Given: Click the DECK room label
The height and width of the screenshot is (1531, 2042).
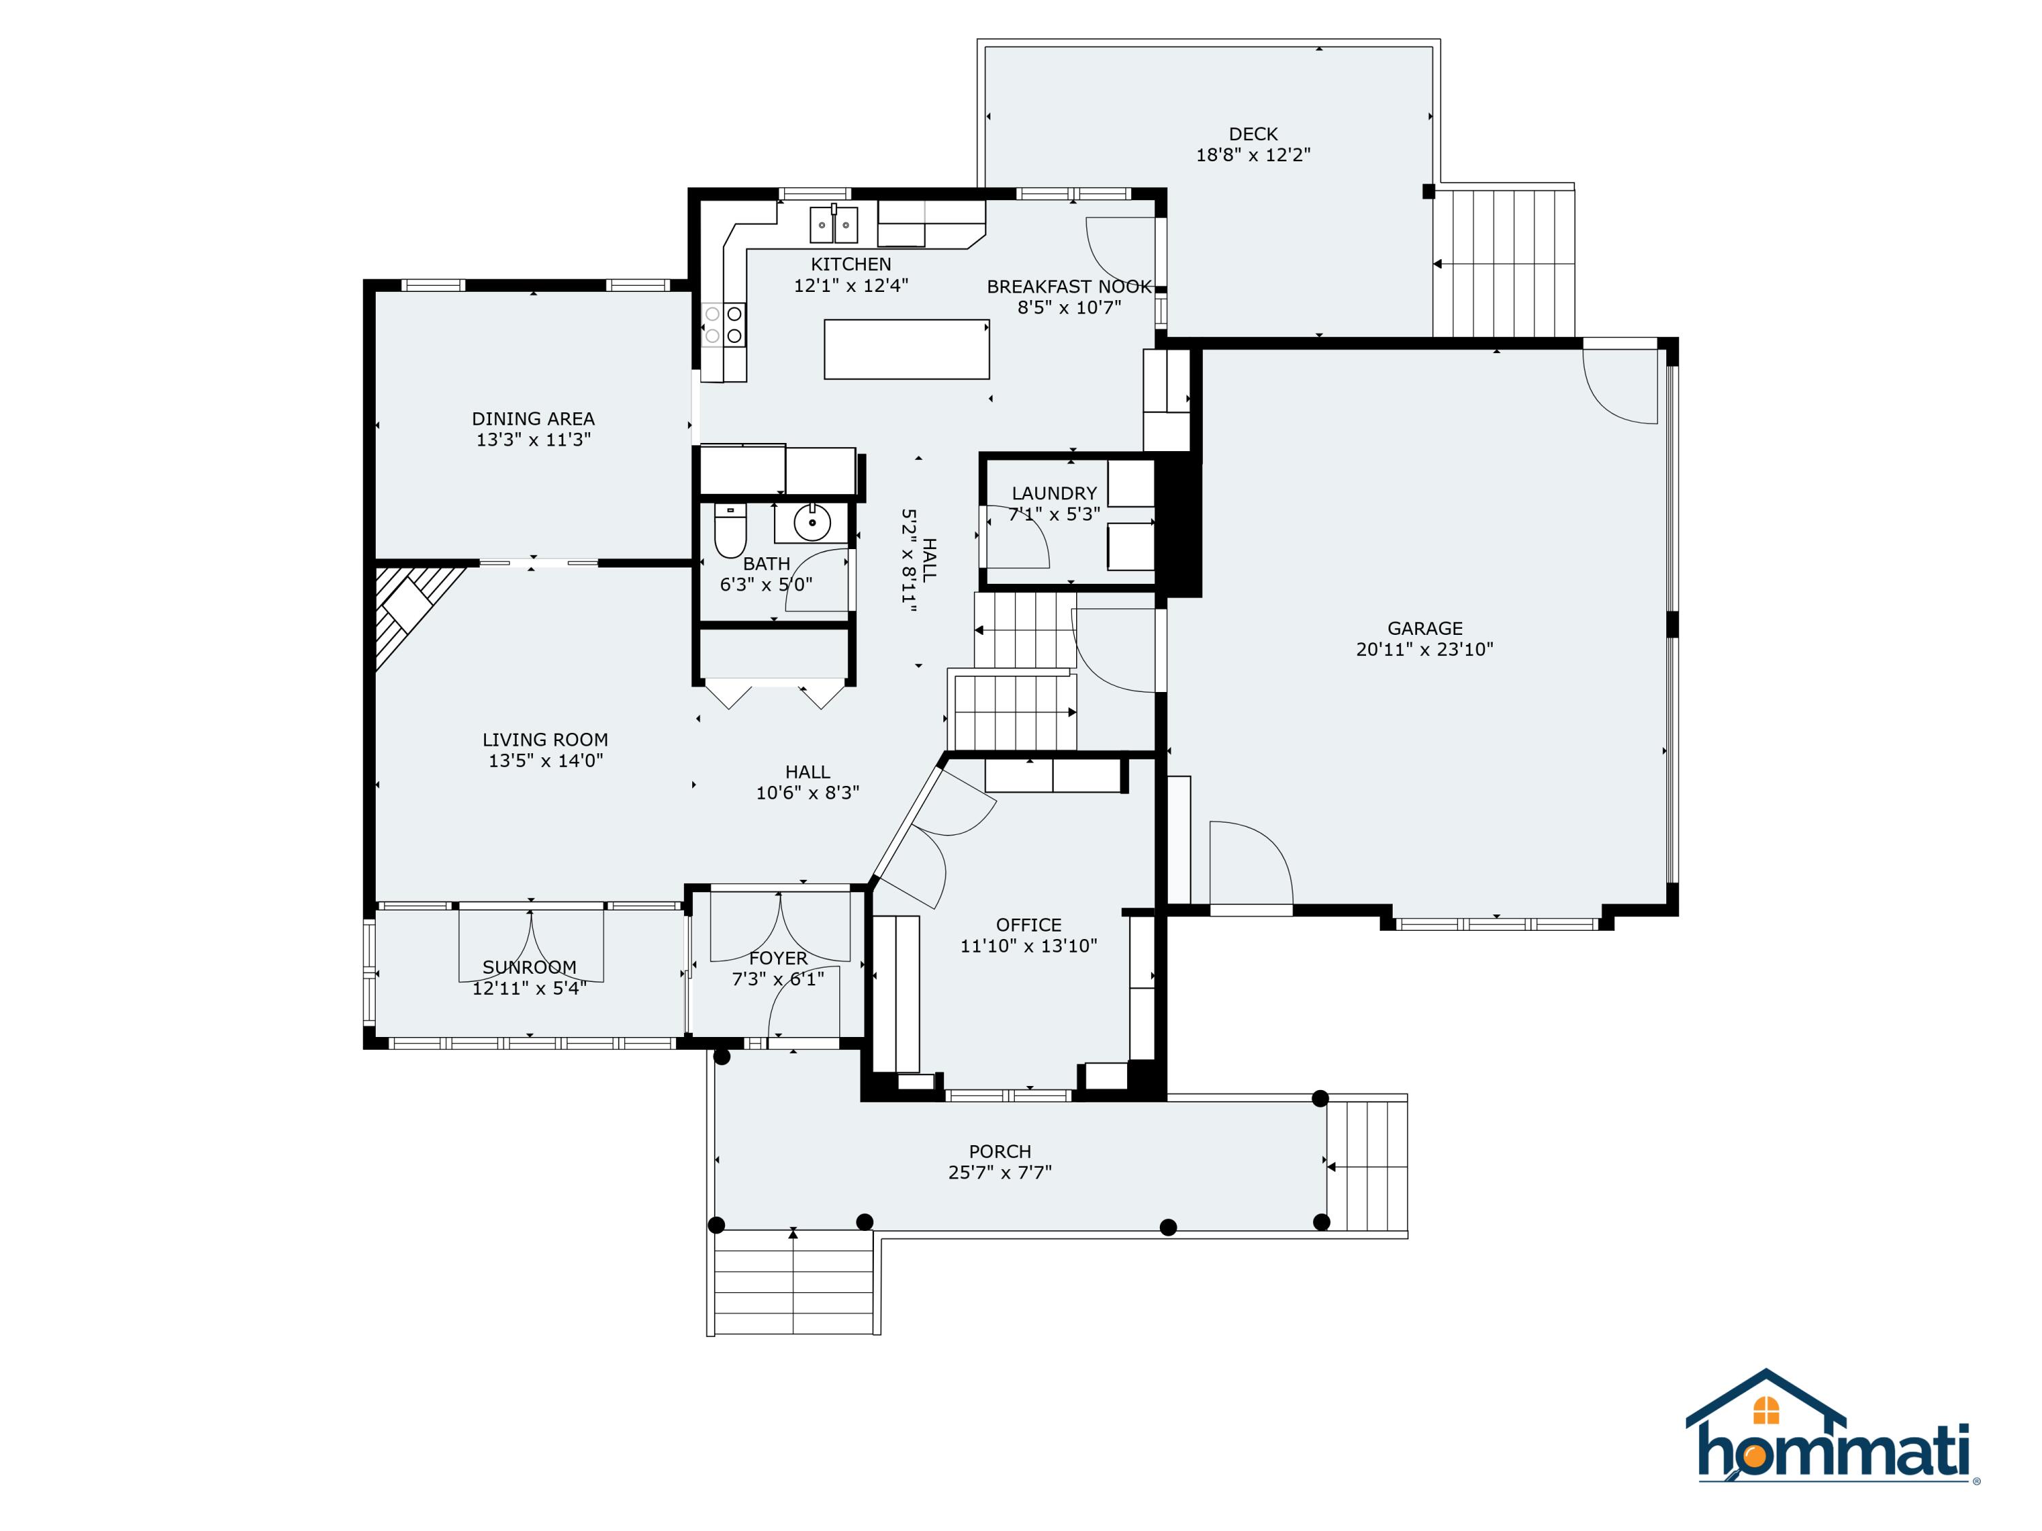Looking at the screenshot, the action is (x=1252, y=134).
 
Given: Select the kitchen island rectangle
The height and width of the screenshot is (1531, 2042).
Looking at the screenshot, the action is (x=907, y=349).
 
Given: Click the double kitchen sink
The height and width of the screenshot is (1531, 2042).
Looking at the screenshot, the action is (x=834, y=225).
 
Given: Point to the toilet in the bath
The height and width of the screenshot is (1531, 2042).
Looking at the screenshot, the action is (x=730, y=531).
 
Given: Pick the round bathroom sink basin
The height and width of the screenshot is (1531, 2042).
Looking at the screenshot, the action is (x=811, y=523).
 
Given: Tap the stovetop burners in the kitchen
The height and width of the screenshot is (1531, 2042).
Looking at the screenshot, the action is (x=724, y=325).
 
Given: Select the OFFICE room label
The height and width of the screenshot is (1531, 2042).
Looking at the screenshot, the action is (x=1028, y=925).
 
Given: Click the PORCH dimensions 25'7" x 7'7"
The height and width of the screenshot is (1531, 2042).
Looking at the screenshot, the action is (x=1000, y=1172).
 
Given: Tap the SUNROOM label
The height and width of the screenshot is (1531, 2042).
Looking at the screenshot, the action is (x=529, y=967).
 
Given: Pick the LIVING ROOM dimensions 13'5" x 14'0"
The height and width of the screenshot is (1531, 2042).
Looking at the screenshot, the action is (x=546, y=761).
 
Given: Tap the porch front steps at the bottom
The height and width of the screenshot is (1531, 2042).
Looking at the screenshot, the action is (x=794, y=1282).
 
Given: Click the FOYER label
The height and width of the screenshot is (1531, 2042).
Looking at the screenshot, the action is (x=778, y=958).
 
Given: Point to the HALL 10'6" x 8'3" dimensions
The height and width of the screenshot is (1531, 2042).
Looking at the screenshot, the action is (x=808, y=793).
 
